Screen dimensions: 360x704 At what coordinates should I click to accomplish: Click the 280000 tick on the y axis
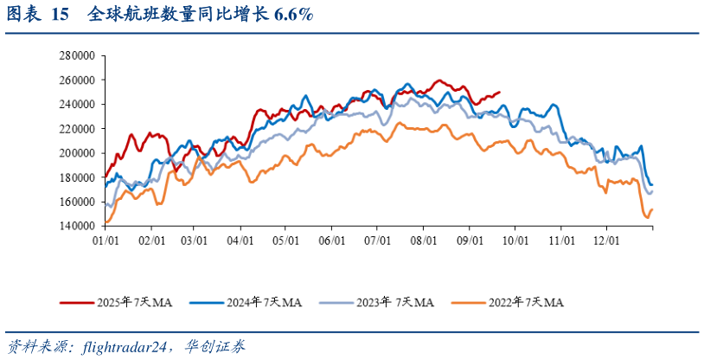tap(76, 55)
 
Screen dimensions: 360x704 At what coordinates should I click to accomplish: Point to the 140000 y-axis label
tap(76, 226)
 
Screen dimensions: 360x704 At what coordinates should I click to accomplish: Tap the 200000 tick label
tap(76, 153)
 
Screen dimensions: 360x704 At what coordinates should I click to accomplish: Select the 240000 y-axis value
tap(76, 104)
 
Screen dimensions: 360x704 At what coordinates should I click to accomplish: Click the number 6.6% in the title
tap(292, 15)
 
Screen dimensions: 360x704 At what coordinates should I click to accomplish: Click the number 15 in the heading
tap(60, 15)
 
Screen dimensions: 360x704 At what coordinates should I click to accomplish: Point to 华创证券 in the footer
tap(216, 347)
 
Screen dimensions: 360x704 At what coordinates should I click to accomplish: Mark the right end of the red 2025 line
tap(499, 93)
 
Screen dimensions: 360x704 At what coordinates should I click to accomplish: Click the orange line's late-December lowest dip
tap(645, 217)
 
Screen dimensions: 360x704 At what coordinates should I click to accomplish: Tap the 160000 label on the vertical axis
tap(76, 202)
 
